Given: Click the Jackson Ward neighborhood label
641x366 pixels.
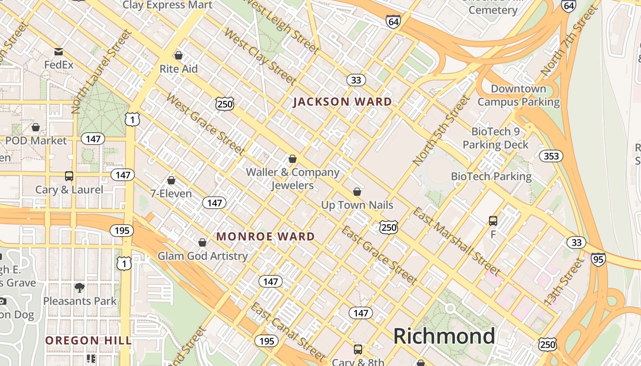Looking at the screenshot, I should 342,102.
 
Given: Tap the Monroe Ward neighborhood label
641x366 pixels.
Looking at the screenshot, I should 266,237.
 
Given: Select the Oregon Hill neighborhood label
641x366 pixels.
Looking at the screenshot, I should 88,340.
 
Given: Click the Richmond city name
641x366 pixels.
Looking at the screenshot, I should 444,336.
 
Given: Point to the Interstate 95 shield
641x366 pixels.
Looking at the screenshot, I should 598,259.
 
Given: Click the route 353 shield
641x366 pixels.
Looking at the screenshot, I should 551,156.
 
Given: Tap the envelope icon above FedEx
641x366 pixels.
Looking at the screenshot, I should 58,51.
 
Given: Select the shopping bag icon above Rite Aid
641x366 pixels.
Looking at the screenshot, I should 179,55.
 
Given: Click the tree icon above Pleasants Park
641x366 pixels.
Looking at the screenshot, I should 80,287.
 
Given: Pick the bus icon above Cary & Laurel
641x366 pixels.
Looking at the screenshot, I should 69,176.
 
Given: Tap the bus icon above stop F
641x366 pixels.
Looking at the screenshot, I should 493,221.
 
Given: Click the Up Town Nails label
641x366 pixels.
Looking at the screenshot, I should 357,205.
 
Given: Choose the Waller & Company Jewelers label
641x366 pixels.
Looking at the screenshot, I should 293,178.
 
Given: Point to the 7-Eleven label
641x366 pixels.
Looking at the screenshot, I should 171,194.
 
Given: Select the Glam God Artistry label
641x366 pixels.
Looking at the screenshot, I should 202,256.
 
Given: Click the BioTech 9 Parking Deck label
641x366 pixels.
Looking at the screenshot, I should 495,138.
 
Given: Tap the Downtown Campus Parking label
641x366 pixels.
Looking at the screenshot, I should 518,95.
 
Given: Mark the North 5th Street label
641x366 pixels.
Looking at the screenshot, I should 441,130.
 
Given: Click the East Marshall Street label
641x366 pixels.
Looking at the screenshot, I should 456,241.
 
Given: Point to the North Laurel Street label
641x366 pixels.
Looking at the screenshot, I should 102,72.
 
